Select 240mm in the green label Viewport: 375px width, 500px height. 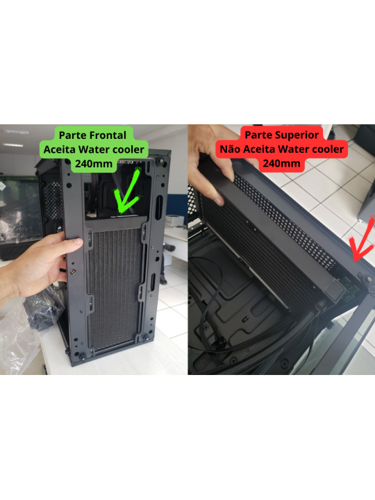coord(94,164)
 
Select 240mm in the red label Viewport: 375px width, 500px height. coord(281,164)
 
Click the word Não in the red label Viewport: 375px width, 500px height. coord(231,149)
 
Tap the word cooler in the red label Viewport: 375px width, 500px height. coord(322,149)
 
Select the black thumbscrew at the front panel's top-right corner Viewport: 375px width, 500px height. coord(162,161)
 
